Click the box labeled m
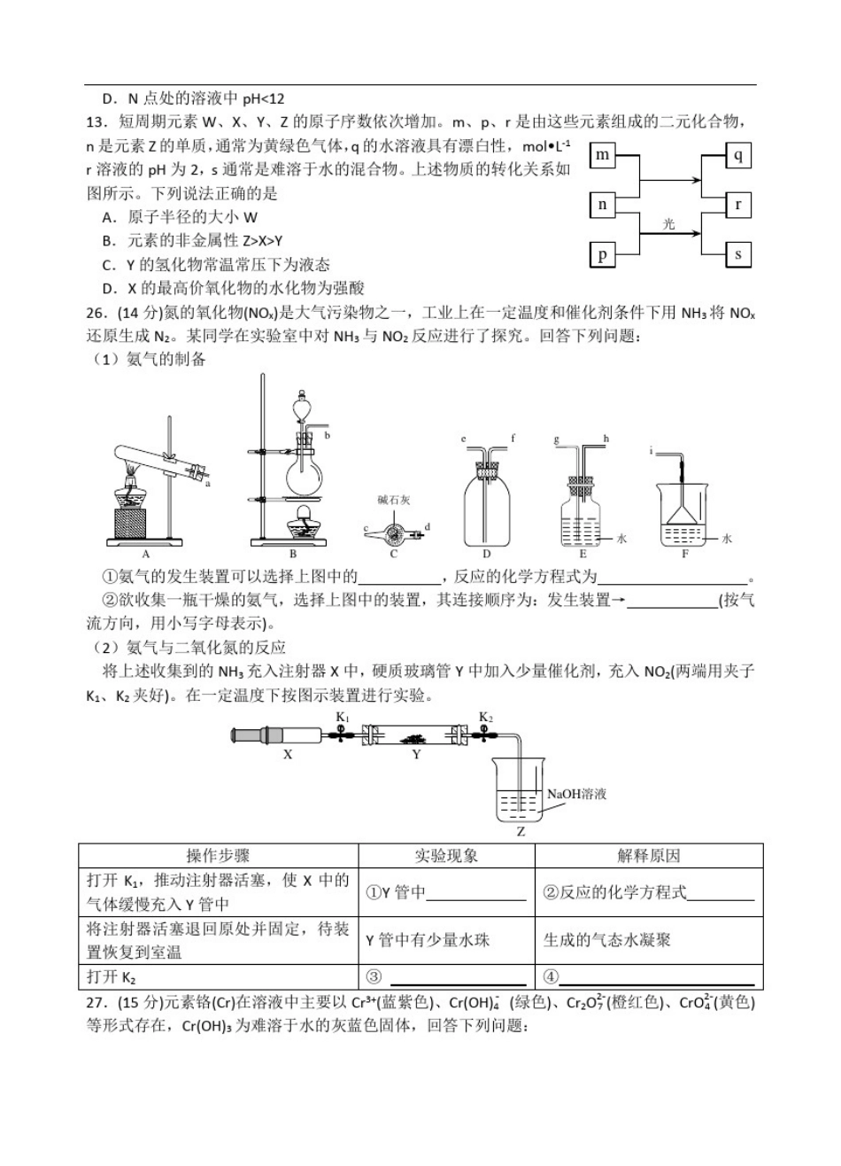pos(603,156)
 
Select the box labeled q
pos(738,156)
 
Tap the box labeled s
pos(738,255)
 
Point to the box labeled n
pos(603,205)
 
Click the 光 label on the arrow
pos(669,224)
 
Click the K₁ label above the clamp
pos(343,716)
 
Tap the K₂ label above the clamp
pos(486,716)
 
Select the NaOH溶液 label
pos(577,794)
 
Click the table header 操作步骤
pos(218,856)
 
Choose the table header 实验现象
pos(446,856)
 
